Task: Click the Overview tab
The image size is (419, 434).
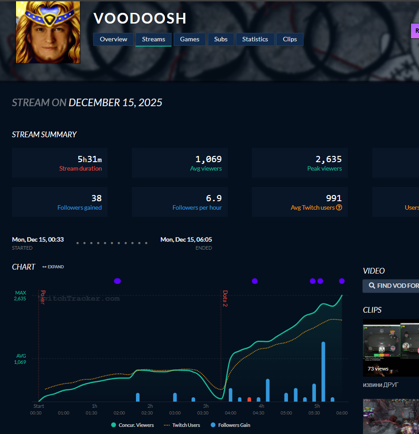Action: [x=113, y=39]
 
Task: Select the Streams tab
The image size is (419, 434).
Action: [x=153, y=39]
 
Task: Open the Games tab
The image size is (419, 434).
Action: [x=190, y=39]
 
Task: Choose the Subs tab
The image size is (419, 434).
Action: [x=221, y=39]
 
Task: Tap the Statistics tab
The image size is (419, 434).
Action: [x=255, y=39]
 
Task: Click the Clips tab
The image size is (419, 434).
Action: [x=290, y=39]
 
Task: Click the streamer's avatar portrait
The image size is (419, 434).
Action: [x=48, y=32]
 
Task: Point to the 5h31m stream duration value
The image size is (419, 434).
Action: [x=90, y=159]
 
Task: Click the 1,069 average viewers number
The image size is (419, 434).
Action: [x=208, y=159]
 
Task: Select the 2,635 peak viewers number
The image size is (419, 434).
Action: [x=328, y=159]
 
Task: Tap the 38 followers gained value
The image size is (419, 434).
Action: [x=96, y=198]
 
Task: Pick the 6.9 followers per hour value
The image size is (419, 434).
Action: [x=214, y=198]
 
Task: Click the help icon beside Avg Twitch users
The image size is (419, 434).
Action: [x=339, y=207]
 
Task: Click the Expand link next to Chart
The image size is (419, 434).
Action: [x=53, y=267]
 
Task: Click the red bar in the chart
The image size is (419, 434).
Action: [x=249, y=399]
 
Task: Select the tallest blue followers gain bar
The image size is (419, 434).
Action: [x=323, y=371]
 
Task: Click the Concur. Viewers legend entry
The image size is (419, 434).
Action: [x=132, y=425]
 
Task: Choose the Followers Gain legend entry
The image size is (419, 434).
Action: [x=230, y=425]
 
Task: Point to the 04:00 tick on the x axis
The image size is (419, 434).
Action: [x=231, y=413]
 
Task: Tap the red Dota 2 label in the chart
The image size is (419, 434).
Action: [x=225, y=299]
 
